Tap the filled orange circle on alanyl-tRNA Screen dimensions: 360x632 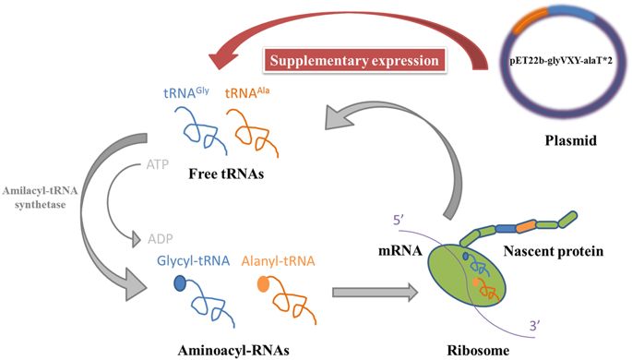264,286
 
